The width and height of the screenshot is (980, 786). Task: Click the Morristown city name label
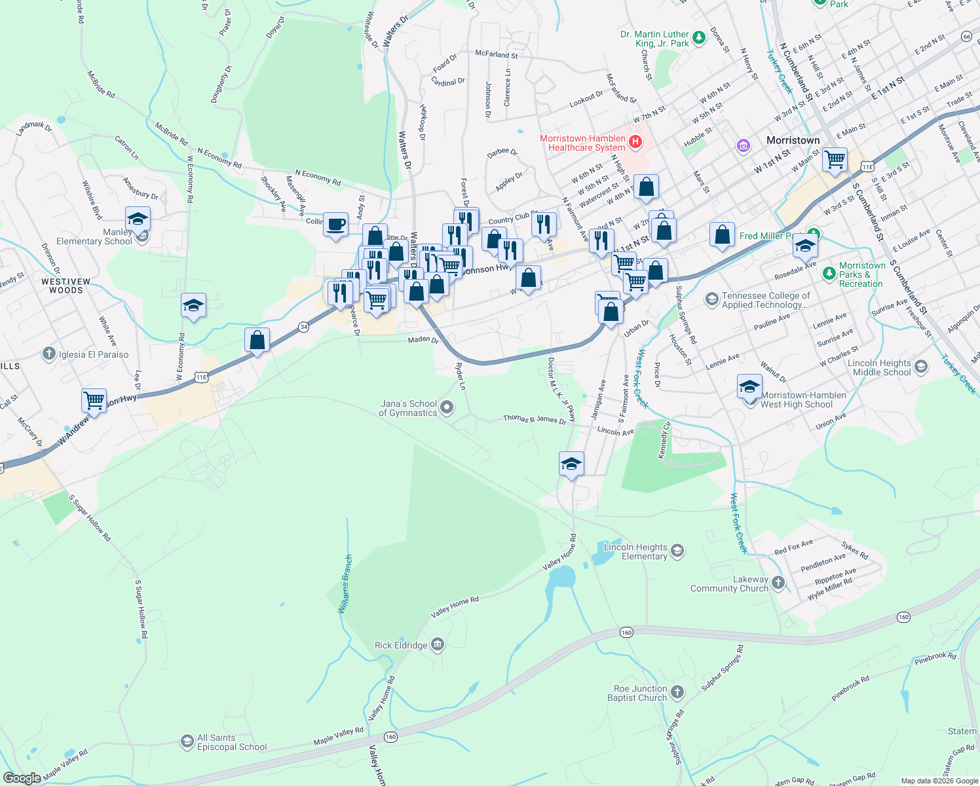tap(793, 140)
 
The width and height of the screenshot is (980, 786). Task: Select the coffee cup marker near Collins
tap(336, 225)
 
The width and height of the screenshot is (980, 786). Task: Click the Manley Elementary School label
tap(94, 237)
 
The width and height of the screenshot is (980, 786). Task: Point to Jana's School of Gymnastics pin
tap(447, 408)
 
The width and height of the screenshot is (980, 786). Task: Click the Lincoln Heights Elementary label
tap(635, 552)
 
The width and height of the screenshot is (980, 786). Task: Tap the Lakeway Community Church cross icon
tap(778, 582)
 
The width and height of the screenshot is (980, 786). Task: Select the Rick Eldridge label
tap(401, 645)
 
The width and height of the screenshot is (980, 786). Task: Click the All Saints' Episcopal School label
tap(232, 742)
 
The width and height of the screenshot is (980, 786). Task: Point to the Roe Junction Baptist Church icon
tap(677, 692)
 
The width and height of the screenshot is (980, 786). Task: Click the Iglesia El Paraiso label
tap(94, 354)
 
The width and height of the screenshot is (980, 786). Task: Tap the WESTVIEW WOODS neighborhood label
tap(66, 286)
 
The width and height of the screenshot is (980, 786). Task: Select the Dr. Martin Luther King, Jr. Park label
tap(654, 39)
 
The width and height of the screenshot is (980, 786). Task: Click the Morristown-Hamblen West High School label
tap(803, 400)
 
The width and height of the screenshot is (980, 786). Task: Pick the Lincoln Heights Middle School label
tap(879, 367)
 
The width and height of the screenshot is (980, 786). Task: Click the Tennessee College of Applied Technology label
tap(766, 300)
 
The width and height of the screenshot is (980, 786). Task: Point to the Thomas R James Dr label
tap(535, 419)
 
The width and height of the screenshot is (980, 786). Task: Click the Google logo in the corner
tap(22, 777)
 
